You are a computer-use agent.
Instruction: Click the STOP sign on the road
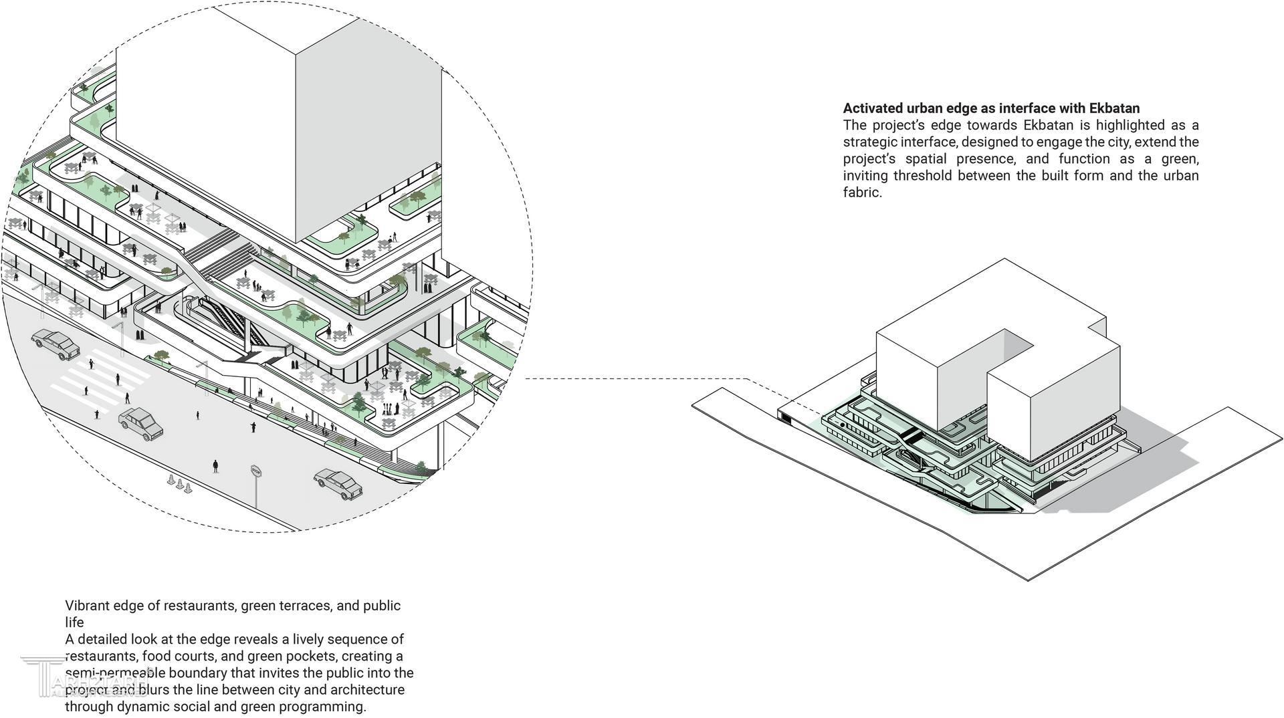[255, 472]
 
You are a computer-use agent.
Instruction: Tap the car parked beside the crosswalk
[56, 344]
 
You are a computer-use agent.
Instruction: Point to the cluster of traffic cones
[179, 482]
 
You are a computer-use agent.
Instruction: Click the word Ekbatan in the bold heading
[1114, 108]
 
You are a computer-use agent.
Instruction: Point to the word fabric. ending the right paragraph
[862, 193]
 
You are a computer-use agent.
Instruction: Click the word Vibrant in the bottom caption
[87, 606]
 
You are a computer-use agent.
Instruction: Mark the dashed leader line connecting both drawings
[635, 378]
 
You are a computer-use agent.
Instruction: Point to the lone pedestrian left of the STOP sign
[215, 466]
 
